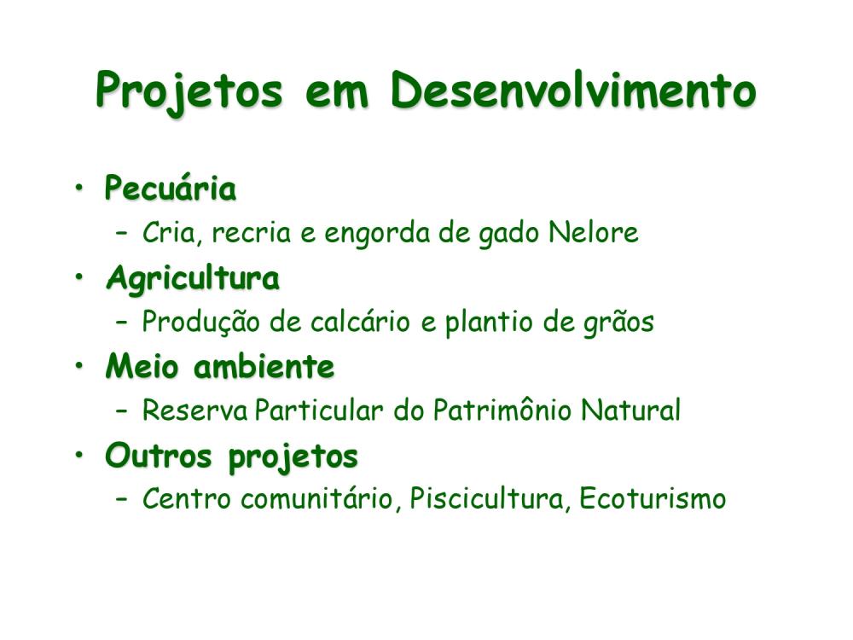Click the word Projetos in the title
[x=189, y=92]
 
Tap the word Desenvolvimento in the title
[x=573, y=90]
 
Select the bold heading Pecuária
[x=171, y=189]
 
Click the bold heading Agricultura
[x=193, y=279]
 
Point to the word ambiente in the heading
[x=264, y=366]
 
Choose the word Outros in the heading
[x=159, y=456]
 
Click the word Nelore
[x=594, y=232]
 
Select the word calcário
[x=360, y=322]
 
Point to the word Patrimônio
[x=502, y=410]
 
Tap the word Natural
[x=631, y=410]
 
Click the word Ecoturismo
[x=653, y=498]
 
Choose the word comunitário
[x=317, y=499]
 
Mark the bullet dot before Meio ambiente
[x=80, y=366]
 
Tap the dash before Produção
[x=122, y=323]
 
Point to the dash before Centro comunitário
[x=122, y=499]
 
